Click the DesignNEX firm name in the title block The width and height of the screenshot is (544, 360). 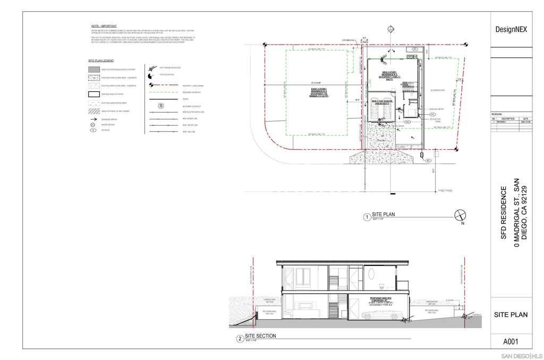[511, 30]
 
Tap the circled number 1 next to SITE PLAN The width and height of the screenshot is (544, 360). [366, 217]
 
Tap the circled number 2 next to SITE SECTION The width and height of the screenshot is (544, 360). [240, 338]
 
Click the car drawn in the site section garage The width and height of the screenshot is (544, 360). [380, 315]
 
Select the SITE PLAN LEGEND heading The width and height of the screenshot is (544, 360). [101, 61]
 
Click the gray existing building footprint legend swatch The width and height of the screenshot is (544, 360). [93, 69]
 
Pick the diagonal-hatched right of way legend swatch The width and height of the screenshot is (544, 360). [93, 111]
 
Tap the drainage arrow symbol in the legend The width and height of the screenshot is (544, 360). [93, 120]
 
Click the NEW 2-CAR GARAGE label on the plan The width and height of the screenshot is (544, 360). [381, 101]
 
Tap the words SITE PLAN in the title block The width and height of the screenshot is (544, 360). [511, 314]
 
